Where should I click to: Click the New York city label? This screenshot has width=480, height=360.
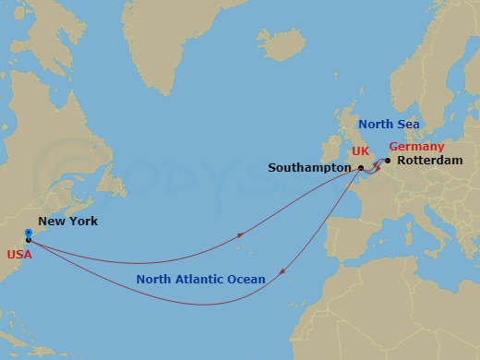[x=62, y=222]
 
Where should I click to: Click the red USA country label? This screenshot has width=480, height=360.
[x=19, y=254]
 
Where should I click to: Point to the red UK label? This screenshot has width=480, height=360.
[x=360, y=151]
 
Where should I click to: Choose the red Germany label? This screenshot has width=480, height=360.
[x=416, y=147]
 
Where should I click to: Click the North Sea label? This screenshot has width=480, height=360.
[x=389, y=124]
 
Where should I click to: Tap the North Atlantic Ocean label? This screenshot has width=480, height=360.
[x=200, y=279]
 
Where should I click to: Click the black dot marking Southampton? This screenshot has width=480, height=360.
[x=360, y=168]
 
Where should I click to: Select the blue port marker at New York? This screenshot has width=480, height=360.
[x=29, y=233]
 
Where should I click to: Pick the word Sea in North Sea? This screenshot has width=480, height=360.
[x=409, y=124]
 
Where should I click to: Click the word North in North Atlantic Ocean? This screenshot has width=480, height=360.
[x=153, y=279]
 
